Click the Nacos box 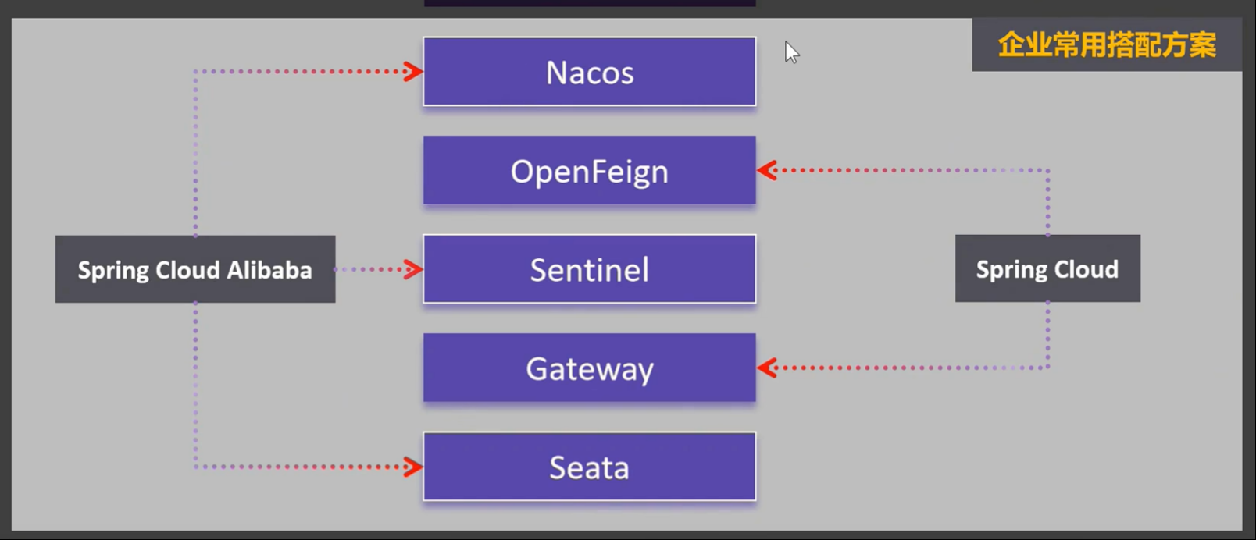589,72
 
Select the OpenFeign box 589,171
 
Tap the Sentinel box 589,269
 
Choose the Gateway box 589,368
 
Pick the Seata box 589,467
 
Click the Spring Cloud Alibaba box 195,269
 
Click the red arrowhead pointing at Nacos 413,72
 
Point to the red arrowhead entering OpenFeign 767,170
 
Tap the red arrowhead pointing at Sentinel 413,270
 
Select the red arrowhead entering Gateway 767,368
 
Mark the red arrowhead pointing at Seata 413,467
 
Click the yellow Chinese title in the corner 1107,45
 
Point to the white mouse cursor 791,52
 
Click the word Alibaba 269,270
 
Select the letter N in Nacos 555,73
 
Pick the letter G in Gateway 537,368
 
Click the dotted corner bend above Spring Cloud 1047,170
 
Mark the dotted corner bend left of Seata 195,467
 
